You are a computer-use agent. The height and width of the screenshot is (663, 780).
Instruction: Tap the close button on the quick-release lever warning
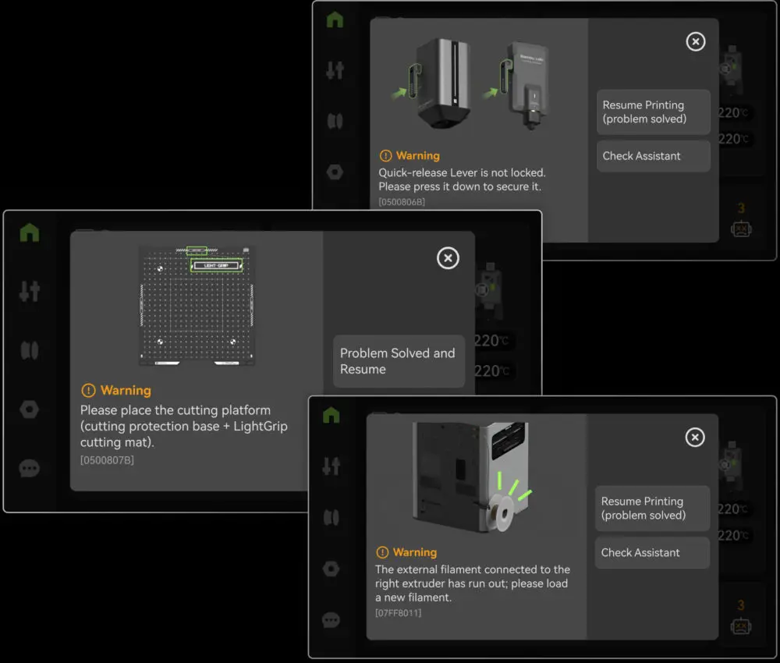pyautogui.click(x=696, y=42)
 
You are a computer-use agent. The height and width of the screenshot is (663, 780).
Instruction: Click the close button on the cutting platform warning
pyautogui.click(x=448, y=258)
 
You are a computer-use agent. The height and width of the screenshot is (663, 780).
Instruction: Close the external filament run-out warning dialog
pyautogui.click(x=695, y=438)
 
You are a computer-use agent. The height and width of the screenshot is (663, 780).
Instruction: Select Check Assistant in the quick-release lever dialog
pyautogui.click(x=653, y=156)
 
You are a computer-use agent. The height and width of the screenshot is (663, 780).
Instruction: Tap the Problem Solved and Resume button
pyautogui.click(x=399, y=361)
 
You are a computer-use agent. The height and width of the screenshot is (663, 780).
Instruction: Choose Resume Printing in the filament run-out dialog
pyautogui.click(x=652, y=509)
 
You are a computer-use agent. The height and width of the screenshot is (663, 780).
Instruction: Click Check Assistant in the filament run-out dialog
pyautogui.click(x=652, y=552)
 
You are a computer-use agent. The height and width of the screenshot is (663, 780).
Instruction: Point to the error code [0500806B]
pyautogui.click(x=402, y=202)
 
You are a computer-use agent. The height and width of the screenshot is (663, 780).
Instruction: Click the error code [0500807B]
pyautogui.click(x=107, y=460)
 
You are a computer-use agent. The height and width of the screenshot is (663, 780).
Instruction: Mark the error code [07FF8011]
pyautogui.click(x=398, y=613)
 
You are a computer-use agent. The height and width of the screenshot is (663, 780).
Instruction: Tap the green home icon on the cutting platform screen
pyautogui.click(x=30, y=232)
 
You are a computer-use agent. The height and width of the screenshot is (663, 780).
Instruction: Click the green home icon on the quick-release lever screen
pyautogui.click(x=335, y=19)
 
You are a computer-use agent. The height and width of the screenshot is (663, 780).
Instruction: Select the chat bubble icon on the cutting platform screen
pyautogui.click(x=29, y=468)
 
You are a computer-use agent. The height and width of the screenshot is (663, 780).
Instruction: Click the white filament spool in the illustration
pyautogui.click(x=501, y=512)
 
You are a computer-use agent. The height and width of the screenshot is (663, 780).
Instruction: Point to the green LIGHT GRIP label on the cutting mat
pyautogui.click(x=216, y=266)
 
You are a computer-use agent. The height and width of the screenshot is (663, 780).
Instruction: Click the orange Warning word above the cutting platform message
pyautogui.click(x=126, y=391)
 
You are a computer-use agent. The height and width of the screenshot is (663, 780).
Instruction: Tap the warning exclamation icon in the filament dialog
pyautogui.click(x=382, y=552)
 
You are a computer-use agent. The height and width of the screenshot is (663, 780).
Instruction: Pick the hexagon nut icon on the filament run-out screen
pyautogui.click(x=331, y=569)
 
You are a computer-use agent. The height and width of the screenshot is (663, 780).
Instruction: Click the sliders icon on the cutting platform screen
pyautogui.click(x=30, y=292)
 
